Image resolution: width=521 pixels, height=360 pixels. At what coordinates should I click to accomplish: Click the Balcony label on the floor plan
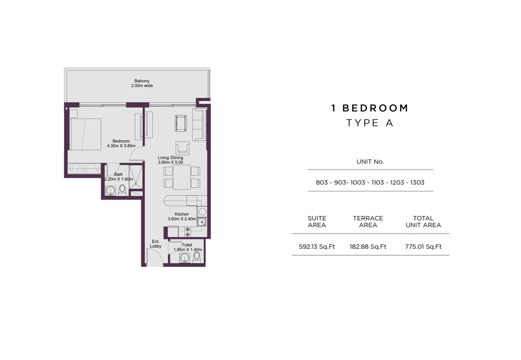142,81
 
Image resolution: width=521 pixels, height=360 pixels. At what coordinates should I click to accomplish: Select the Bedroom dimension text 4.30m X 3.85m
121,146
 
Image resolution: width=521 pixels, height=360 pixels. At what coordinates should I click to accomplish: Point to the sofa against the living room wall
198,124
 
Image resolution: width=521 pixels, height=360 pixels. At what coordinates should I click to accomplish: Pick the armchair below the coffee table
182,148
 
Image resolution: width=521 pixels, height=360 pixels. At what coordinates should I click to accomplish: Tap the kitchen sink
202,222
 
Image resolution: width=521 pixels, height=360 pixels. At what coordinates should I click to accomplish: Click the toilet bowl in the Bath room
122,190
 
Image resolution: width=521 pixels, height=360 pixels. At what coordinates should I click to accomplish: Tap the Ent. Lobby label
156,244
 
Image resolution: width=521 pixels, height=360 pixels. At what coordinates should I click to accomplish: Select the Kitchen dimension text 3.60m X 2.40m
182,219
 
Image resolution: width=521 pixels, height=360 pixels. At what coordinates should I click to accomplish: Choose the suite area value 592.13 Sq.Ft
317,246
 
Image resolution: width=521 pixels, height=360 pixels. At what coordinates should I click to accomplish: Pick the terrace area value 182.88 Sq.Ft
368,246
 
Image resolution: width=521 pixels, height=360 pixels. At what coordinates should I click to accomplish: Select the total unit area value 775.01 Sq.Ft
423,246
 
